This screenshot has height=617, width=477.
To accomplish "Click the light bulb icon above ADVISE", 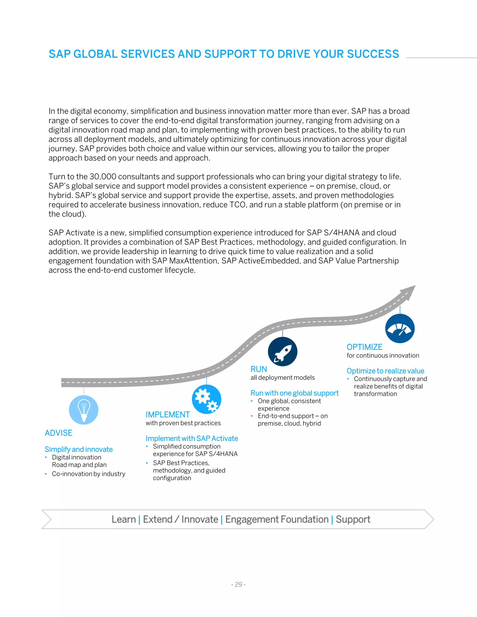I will (x=84, y=410).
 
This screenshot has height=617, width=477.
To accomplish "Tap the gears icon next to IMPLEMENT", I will (x=207, y=399).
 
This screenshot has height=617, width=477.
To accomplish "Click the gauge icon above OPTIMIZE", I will (x=400, y=329).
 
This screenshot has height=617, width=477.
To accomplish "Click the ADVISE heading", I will (x=58, y=433).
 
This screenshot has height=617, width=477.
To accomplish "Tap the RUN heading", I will (x=259, y=369).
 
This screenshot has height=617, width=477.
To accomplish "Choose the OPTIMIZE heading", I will (x=365, y=347).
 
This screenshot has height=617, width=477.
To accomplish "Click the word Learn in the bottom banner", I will (x=124, y=519).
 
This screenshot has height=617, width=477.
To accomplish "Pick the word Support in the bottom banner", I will (x=353, y=519).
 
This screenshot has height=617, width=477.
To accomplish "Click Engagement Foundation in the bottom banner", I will (x=277, y=519).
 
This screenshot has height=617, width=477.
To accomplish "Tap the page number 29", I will (x=238, y=584).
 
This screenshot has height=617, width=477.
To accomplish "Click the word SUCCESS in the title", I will (x=373, y=54).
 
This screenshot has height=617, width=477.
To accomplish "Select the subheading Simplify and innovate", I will (x=78, y=449).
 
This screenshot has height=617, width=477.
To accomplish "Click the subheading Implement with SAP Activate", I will (x=192, y=438).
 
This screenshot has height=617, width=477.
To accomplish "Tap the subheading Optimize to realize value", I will (x=385, y=371).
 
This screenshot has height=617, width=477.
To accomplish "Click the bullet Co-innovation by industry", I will (x=89, y=474).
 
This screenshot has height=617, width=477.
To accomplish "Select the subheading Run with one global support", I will (x=294, y=393).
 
